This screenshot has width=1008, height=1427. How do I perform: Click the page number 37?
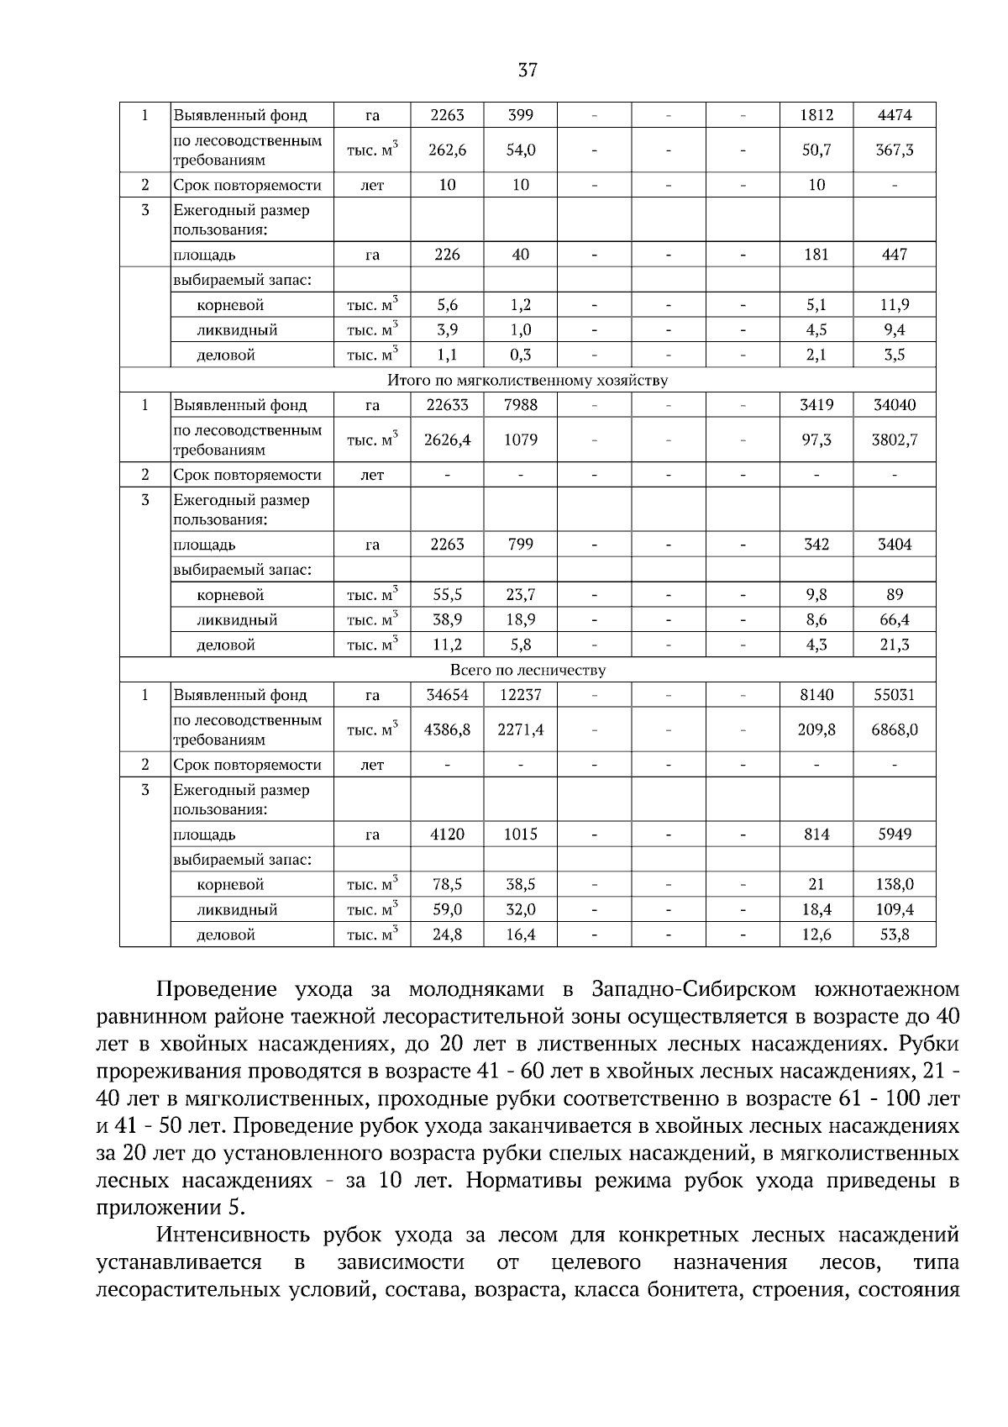pyautogui.click(x=528, y=71)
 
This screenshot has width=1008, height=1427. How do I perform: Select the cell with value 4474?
pyautogui.click(x=895, y=115)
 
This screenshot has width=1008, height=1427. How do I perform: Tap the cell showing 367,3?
pyautogui.click(x=895, y=150)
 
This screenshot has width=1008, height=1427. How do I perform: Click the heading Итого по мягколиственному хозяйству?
pyautogui.click(x=528, y=380)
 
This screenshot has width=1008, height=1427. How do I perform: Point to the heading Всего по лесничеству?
pyautogui.click(x=528, y=670)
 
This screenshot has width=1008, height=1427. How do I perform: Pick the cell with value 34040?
pyautogui.click(x=895, y=405)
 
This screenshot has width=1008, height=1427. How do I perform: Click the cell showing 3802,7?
pyautogui.click(x=895, y=440)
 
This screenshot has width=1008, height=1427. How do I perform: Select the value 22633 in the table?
pyautogui.click(x=447, y=405)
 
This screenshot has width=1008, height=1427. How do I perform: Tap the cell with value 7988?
pyautogui.click(x=520, y=405)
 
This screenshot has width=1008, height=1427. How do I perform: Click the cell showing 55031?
pyautogui.click(x=895, y=695)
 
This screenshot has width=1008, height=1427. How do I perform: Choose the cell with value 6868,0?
pyautogui.click(x=895, y=729)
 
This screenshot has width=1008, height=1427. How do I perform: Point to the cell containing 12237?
pyautogui.click(x=520, y=695)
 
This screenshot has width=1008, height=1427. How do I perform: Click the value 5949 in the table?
pyautogui.click(x=895, y=835)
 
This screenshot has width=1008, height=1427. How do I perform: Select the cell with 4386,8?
pyautogui.click(x=447, y=729)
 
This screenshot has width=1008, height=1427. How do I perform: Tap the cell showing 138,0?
pyautogui.click(x=895, y=884)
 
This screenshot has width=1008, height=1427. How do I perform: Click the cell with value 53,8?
pyautogui.click(x=895, y=935)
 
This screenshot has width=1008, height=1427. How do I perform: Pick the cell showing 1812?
pyautogui.click(x=816, y=115)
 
